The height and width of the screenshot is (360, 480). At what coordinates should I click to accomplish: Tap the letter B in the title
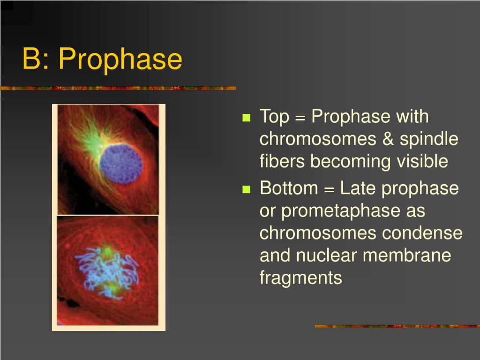[x=32, y=60]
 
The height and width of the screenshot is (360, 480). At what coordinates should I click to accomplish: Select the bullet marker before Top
[x=246, y=118]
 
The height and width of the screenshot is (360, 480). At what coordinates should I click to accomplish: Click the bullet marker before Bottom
[x=246, y=189]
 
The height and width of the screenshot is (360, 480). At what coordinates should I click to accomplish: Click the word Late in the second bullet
[x=359, y=188]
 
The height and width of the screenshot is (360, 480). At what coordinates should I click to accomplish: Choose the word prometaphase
[x=340, y=211]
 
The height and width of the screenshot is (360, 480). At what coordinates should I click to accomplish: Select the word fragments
[x=300, y=278]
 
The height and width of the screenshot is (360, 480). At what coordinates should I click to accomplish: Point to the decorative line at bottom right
[x=397, y=326]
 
